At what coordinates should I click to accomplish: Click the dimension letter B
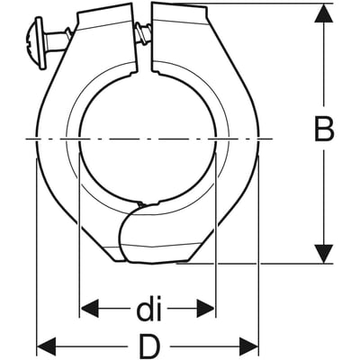(324, 130)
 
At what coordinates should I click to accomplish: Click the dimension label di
(148, 308)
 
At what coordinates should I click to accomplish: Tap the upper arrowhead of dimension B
(324, 13)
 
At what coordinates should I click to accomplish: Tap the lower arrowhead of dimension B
(324, 254)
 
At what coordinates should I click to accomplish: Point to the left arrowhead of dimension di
(90, 308)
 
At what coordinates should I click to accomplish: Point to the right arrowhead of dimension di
(205, 308)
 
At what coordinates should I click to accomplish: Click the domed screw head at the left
(36, 44)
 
